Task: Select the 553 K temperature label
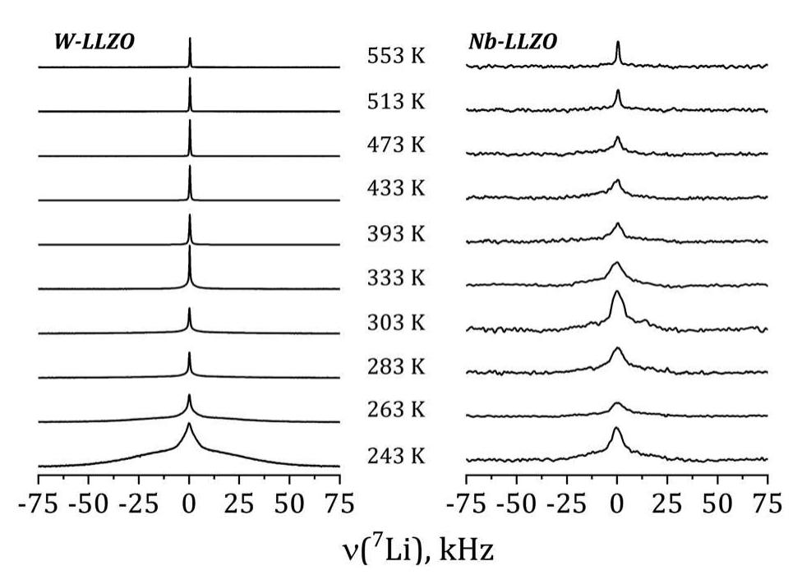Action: coord(396,57)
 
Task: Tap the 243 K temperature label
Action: coord(396,456)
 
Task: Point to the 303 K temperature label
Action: coord(396,323)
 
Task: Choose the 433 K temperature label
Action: coord(396,189)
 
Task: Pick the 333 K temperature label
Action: coord(396,278)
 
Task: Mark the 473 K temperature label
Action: coord(396,145)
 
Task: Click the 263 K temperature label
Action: coord(396,411)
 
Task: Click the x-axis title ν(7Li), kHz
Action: coord(402,549)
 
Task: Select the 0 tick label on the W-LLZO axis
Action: coord(189,503)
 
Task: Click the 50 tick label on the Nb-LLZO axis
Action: coord(717,503)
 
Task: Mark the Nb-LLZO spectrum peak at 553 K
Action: coord(617,44)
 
